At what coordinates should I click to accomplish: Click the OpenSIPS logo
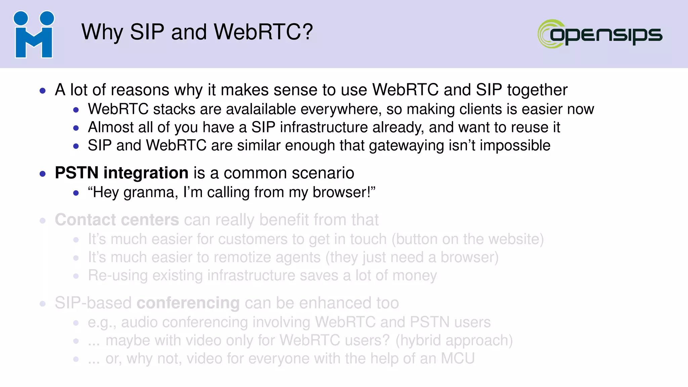[600, 34]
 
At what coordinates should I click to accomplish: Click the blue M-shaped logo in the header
[34, 34]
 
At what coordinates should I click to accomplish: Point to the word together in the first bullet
[537, 90]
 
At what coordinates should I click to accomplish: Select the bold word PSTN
[77, 173]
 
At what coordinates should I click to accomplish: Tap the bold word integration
[146, 173]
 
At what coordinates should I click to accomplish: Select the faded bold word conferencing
[188, 303]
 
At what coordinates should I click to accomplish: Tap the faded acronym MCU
[458, 358]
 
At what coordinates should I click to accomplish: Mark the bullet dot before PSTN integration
[43, 174]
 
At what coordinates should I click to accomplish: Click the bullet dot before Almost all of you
[76, 128]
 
